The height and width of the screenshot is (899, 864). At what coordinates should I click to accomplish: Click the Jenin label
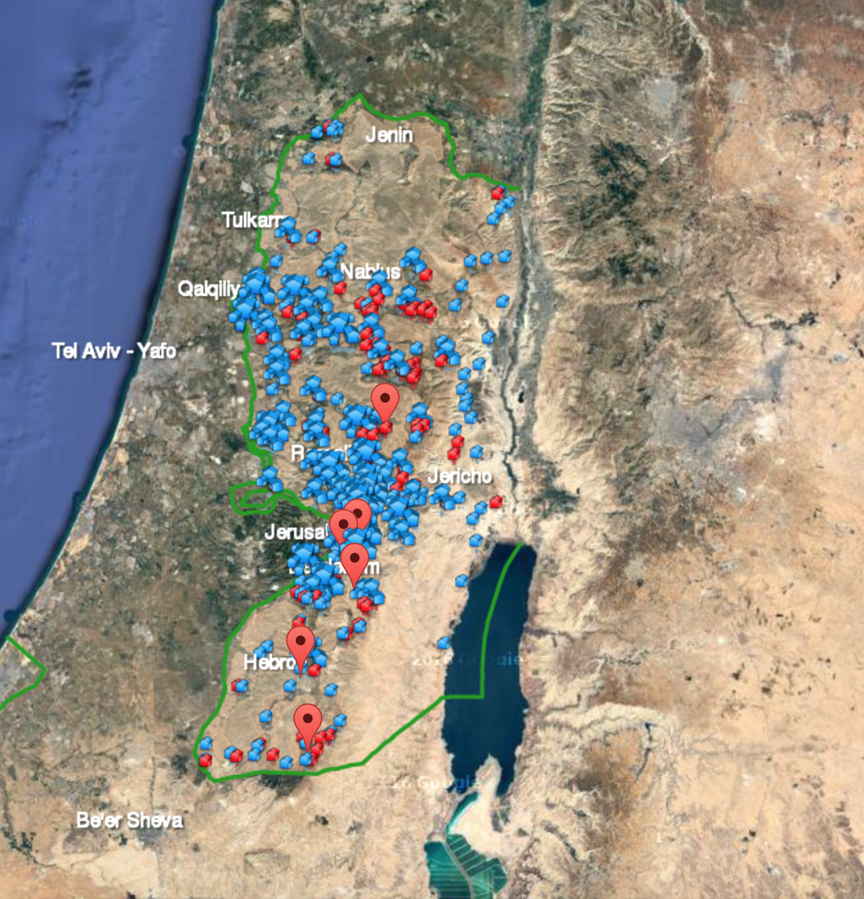click(x=389, y=135)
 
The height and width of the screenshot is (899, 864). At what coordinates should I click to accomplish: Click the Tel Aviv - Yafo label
click(x=114, y=350)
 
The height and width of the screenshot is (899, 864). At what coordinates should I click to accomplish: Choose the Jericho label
click(x=460, y=475)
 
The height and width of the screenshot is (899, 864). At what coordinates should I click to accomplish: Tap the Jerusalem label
click(x=296, y=531)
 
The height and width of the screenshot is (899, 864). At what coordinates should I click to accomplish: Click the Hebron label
click(x=266, y=662)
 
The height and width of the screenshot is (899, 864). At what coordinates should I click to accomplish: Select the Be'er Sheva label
click(x=129, y=820)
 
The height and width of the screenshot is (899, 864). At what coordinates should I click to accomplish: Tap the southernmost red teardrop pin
click(x=308, y=722)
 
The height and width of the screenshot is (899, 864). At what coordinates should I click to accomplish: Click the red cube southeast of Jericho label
click(x=495, y=502)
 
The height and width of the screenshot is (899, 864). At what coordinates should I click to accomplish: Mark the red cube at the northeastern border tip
click(x=499, y=192)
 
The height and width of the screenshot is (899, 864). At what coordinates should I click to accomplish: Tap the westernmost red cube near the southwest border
click(x=205, y=760)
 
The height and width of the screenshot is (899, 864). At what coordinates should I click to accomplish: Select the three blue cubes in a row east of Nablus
click(x=487, y=258)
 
